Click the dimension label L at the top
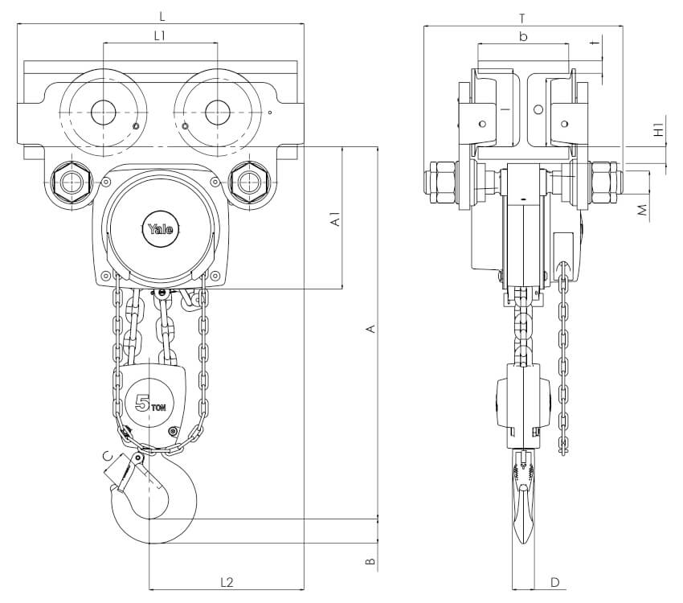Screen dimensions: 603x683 (162, 15)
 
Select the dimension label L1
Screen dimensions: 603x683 (160, 35)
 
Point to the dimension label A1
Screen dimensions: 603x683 (336, 218)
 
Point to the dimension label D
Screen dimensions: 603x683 (554, 581)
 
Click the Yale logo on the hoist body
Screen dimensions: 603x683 (160, 228)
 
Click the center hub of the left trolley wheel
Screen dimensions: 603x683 (103, 113)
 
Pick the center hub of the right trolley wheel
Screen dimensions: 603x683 (217, 113)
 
